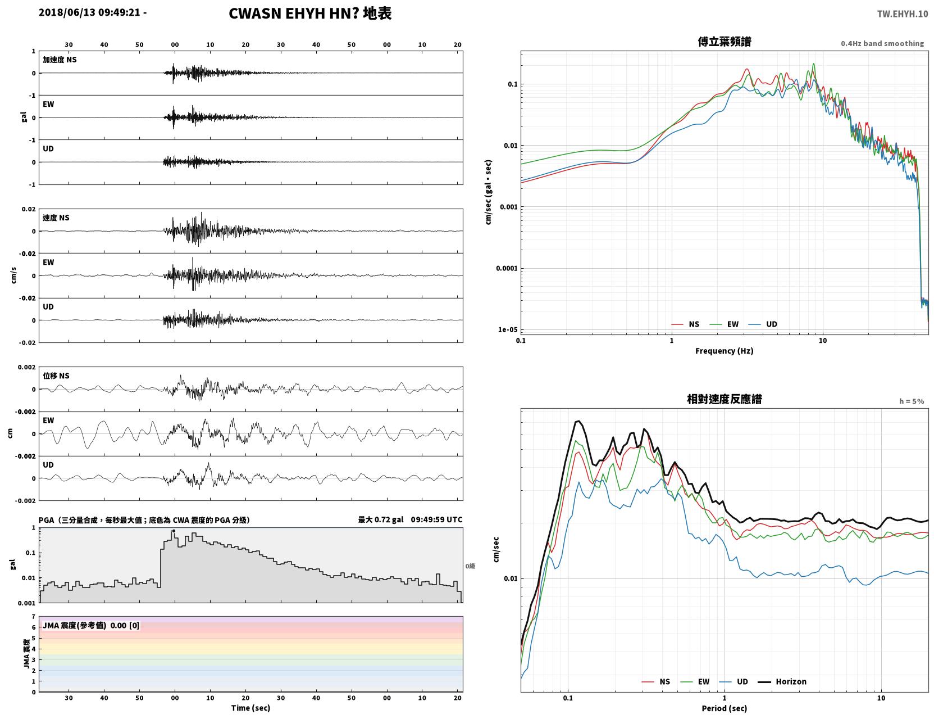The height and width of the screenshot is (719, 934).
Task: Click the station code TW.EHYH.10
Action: click(902, 13)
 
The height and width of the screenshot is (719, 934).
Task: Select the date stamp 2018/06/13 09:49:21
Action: click(89, 12)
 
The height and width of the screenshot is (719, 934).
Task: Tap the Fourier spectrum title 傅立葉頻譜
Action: click(725, 42)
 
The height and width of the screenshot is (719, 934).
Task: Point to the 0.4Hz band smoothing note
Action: click(882, 43)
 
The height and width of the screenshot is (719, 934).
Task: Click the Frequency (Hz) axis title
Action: click(724, 351)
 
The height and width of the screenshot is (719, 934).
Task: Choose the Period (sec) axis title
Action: click(724, 708)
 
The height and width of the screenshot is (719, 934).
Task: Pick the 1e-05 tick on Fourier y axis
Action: click(508, 330)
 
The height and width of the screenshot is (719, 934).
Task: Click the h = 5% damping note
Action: click(911, 401)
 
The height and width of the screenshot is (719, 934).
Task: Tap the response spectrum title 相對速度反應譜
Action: click(725, 399)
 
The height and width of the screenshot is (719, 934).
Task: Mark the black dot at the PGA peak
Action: click(174, 531)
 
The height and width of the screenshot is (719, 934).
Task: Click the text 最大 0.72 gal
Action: click(381, 519)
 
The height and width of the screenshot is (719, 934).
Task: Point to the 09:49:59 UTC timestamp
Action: click(436, 519)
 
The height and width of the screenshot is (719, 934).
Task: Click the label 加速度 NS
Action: click(60, 60)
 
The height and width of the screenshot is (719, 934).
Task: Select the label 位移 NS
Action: click(56, 376)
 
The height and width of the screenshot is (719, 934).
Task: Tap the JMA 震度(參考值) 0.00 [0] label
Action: click(90, 625)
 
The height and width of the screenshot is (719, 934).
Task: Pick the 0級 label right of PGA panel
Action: click(470, 566)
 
